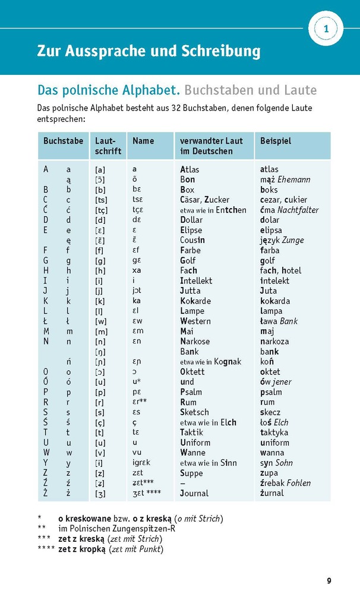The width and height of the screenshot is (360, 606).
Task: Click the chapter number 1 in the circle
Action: (326, 28)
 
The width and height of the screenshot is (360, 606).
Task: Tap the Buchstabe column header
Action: (63, 141)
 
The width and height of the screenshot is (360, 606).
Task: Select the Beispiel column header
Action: (276, 141)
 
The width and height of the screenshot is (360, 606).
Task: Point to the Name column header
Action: (143, 141)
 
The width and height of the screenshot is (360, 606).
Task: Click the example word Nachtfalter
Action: (298, 210)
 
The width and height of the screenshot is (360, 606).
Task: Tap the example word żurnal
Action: (272, 493)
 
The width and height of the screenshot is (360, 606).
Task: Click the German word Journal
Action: (194, 493)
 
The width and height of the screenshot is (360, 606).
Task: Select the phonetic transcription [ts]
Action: (101, 200)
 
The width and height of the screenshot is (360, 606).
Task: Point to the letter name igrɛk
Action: (141, 463)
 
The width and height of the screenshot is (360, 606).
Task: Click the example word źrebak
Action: (273, 483)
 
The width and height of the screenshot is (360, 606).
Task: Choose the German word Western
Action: (195, 321)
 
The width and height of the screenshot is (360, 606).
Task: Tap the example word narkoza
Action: (274, 341)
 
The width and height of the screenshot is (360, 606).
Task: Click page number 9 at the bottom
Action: (329, 580)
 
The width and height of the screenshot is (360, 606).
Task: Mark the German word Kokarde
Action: (195, 301)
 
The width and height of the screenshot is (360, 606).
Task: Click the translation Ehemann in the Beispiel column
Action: (293, 179)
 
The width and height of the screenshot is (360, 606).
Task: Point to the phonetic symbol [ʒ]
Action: (100, 493)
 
